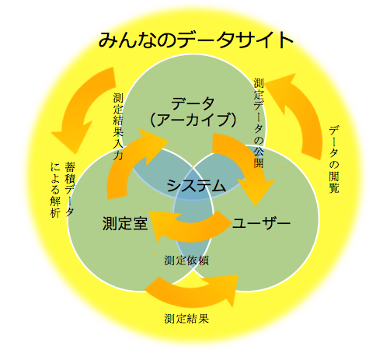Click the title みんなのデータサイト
pyautogui.click(x=196, y=40)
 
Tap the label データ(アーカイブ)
pyautogui.click(x=193, y=112)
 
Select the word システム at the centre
pyautogui.click(x=196, y=186)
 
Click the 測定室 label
pyautogui.click(x=125, y=223)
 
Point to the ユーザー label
pyautogui.click(x=261, y=223)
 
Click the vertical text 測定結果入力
pyautogui.click(x=118, y=127)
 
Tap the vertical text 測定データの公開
pyautogui.click(x=259, y=123)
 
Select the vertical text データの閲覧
pyautogui.click(x=334, y=159)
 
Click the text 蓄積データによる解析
pyautogui.click(x=62, y=190)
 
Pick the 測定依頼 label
pyautogui.click(x=186, y=260)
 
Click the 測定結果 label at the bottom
pyautogui.click(x=186, y=319)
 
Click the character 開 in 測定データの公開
pyautogui.click(x=259, y=163)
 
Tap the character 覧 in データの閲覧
pyautogui.click(x=334, y=187)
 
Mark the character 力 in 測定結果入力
pyautogui.click(x=118, y=155)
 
